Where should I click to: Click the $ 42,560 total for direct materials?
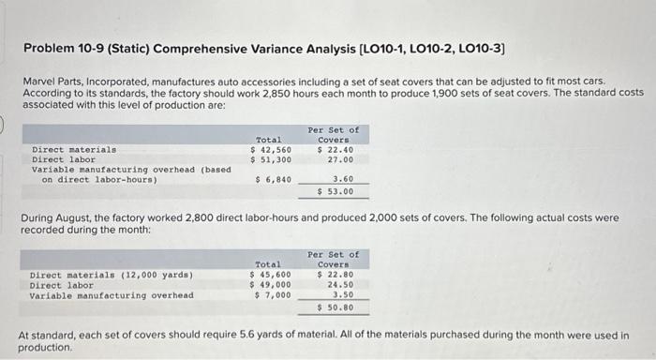pos(271,149)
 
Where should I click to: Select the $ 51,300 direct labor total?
pos(271,159)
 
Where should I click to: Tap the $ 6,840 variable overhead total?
pos(274,179)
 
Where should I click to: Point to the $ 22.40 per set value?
pos(335,149)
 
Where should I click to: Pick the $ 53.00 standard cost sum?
pos(335,191)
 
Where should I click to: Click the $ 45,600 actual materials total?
pos(271,275)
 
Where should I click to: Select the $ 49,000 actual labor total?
pos(271,285)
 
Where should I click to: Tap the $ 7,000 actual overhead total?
pos(274,295)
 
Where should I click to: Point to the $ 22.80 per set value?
pos(335,275)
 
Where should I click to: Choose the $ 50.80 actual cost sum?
pos(335,307)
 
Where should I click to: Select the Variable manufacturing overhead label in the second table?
pos(112,295)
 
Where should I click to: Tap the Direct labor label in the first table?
pos(62,159)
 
